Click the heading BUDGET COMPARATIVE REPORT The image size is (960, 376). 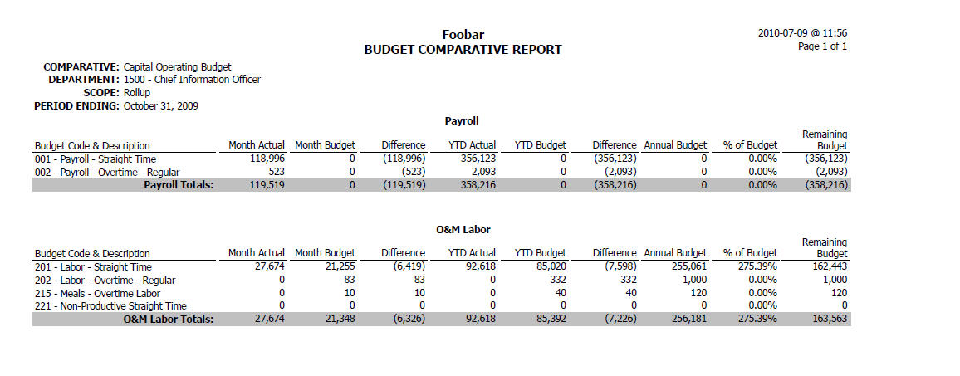(463, 50)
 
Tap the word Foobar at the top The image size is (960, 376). (463, 35)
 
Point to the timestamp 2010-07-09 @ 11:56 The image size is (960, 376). (803, 33)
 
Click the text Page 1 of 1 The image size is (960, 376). (823, 46)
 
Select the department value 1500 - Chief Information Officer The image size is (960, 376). (192, 80)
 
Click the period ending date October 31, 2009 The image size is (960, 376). (161, 106)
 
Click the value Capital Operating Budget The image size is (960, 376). (178, 66)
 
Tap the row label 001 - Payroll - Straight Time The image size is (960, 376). (96, 159)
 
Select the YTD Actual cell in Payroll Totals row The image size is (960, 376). (478, 184)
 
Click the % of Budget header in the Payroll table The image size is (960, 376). (750, 145)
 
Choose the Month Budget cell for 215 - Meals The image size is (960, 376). (350, 293)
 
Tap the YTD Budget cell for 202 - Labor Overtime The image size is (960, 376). (558, 280)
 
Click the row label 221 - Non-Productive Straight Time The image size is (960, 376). (110, 305)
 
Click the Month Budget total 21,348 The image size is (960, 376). (339, 319)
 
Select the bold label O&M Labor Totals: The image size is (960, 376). (169, 319)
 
